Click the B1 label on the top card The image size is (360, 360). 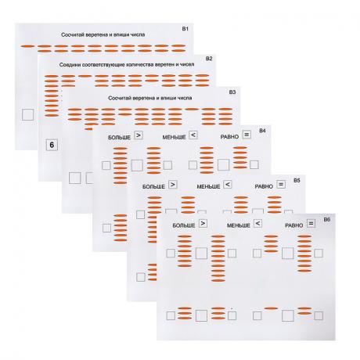tap(185, 29)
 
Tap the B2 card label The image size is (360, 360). tap(209, 59)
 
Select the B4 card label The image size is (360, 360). tap(262, 131)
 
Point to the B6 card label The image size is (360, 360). tap(327, 219)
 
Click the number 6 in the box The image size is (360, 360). tap(52, 145)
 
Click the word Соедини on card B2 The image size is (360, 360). tap(70, 65)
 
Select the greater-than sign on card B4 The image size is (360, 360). tap(139, 135)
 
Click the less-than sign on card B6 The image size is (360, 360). tap(257, 224)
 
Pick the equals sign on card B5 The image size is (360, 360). tap(281, 184)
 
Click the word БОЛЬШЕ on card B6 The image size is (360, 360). tap(184, 225)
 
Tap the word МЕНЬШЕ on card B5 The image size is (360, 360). tap(208, 187)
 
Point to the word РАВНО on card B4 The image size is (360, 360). tap(229, 137)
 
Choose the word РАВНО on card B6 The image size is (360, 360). tap(294, 225)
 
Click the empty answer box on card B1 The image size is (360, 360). tap(27, 114)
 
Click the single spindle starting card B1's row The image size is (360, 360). tap(27, 46)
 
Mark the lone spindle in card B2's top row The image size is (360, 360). tap(85, 76)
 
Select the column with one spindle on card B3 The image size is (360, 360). tap(192, 110)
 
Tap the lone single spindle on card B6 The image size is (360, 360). tap(271, 308)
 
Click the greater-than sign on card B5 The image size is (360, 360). tap(173, 185)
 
